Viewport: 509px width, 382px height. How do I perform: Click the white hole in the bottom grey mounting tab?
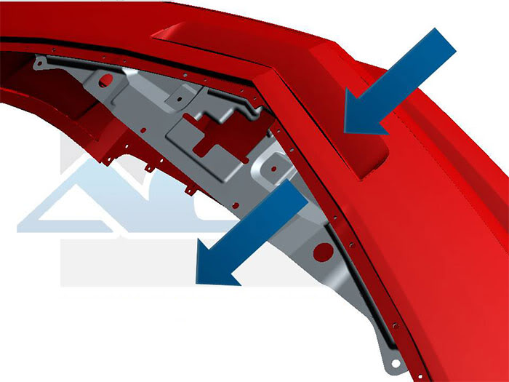tap(393, 361)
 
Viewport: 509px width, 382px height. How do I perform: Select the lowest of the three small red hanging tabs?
tap(190, 191)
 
